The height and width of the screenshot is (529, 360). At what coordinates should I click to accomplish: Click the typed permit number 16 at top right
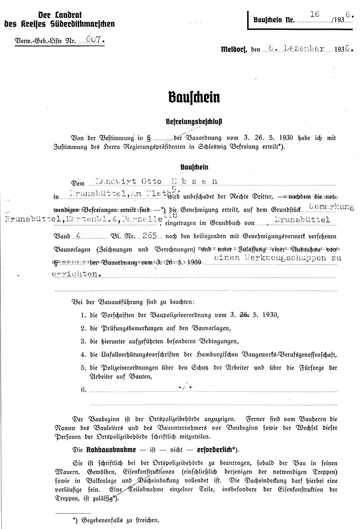[315, 15]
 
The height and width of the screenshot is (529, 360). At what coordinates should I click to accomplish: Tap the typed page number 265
[148, 234]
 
